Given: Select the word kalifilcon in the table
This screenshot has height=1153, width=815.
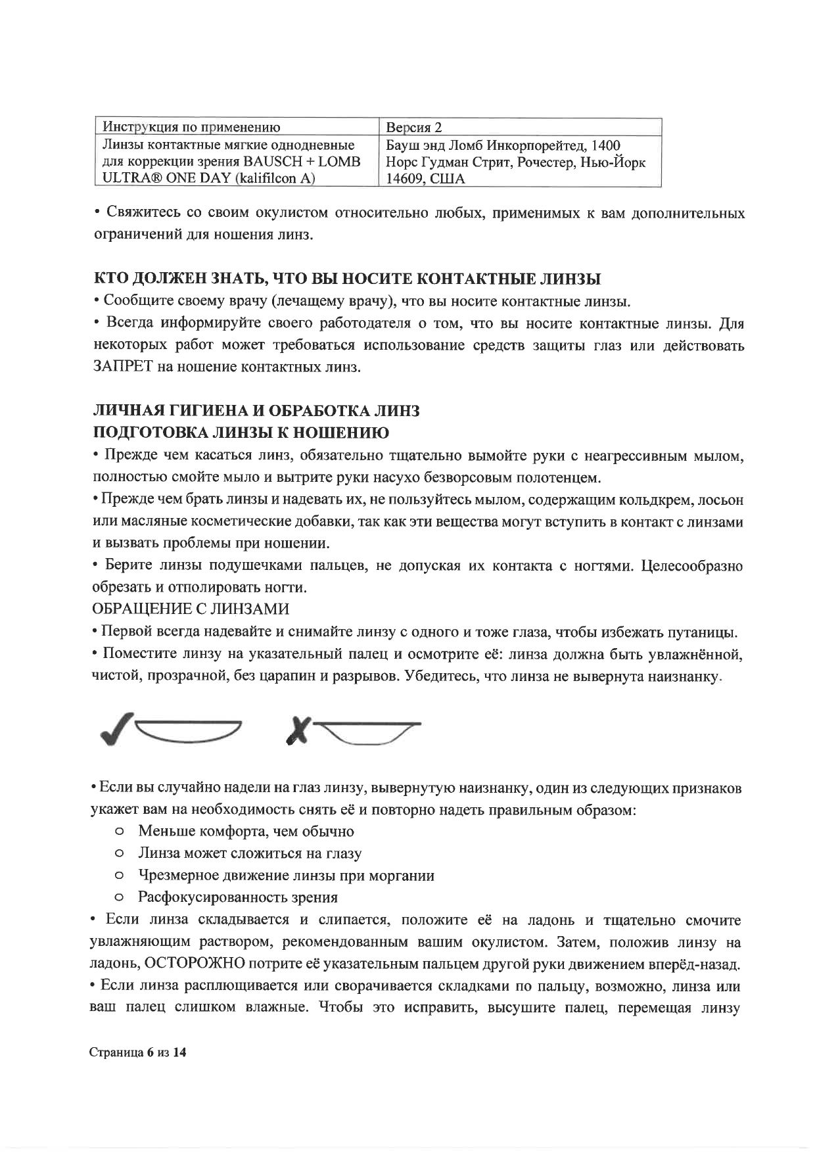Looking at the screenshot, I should pyautogui.click(x=270, y=179).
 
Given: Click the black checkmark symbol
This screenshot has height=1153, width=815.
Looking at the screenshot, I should pyautogui.click(x=118, y=728).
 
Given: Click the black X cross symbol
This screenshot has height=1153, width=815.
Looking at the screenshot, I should pyautogui.click(x=299, y=730).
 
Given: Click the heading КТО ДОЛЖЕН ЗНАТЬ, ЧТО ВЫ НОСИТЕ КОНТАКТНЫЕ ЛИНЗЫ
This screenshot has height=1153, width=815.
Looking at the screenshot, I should pyautogui.click(x=347, y=279).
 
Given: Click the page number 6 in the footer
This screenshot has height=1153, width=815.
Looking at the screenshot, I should pyautogui.click(x=150, y=1052).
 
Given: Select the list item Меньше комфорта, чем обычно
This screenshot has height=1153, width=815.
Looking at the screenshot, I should pyautogui.click(x=245, y=832).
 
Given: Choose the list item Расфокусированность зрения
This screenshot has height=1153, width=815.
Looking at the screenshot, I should pyautogui.click(x=237, y=897).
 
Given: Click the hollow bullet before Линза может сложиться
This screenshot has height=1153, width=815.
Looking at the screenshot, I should pyautogui.click(x=119, y=854).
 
